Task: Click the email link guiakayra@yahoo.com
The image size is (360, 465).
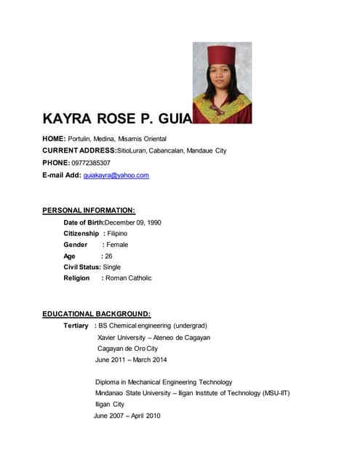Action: (116, 175)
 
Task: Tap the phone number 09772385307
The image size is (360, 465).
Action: (91, 163)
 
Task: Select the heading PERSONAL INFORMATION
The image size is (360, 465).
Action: (89, 211)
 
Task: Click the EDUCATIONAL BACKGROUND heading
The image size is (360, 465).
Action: (96, 314)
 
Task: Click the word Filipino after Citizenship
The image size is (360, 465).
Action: (117, 233)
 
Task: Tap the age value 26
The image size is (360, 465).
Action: (108, 256)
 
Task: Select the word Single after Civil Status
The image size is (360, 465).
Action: (112, 267)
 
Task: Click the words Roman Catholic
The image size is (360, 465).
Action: (129, 278)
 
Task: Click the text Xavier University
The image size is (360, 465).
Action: (121, 337)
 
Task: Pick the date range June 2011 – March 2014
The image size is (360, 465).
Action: (131, 360)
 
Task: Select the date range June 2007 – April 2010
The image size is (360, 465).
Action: (127, 416)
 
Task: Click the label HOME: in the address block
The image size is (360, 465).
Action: (55, 139)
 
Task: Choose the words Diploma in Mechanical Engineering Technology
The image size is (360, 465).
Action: (164, 382)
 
